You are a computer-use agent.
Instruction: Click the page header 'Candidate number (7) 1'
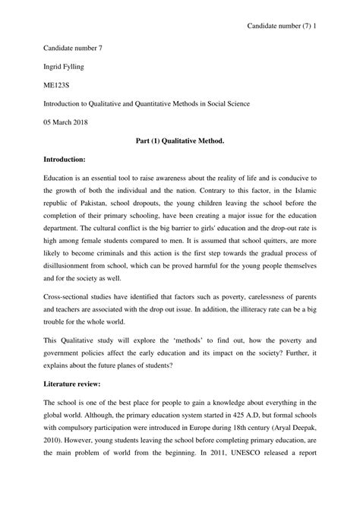296,26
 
